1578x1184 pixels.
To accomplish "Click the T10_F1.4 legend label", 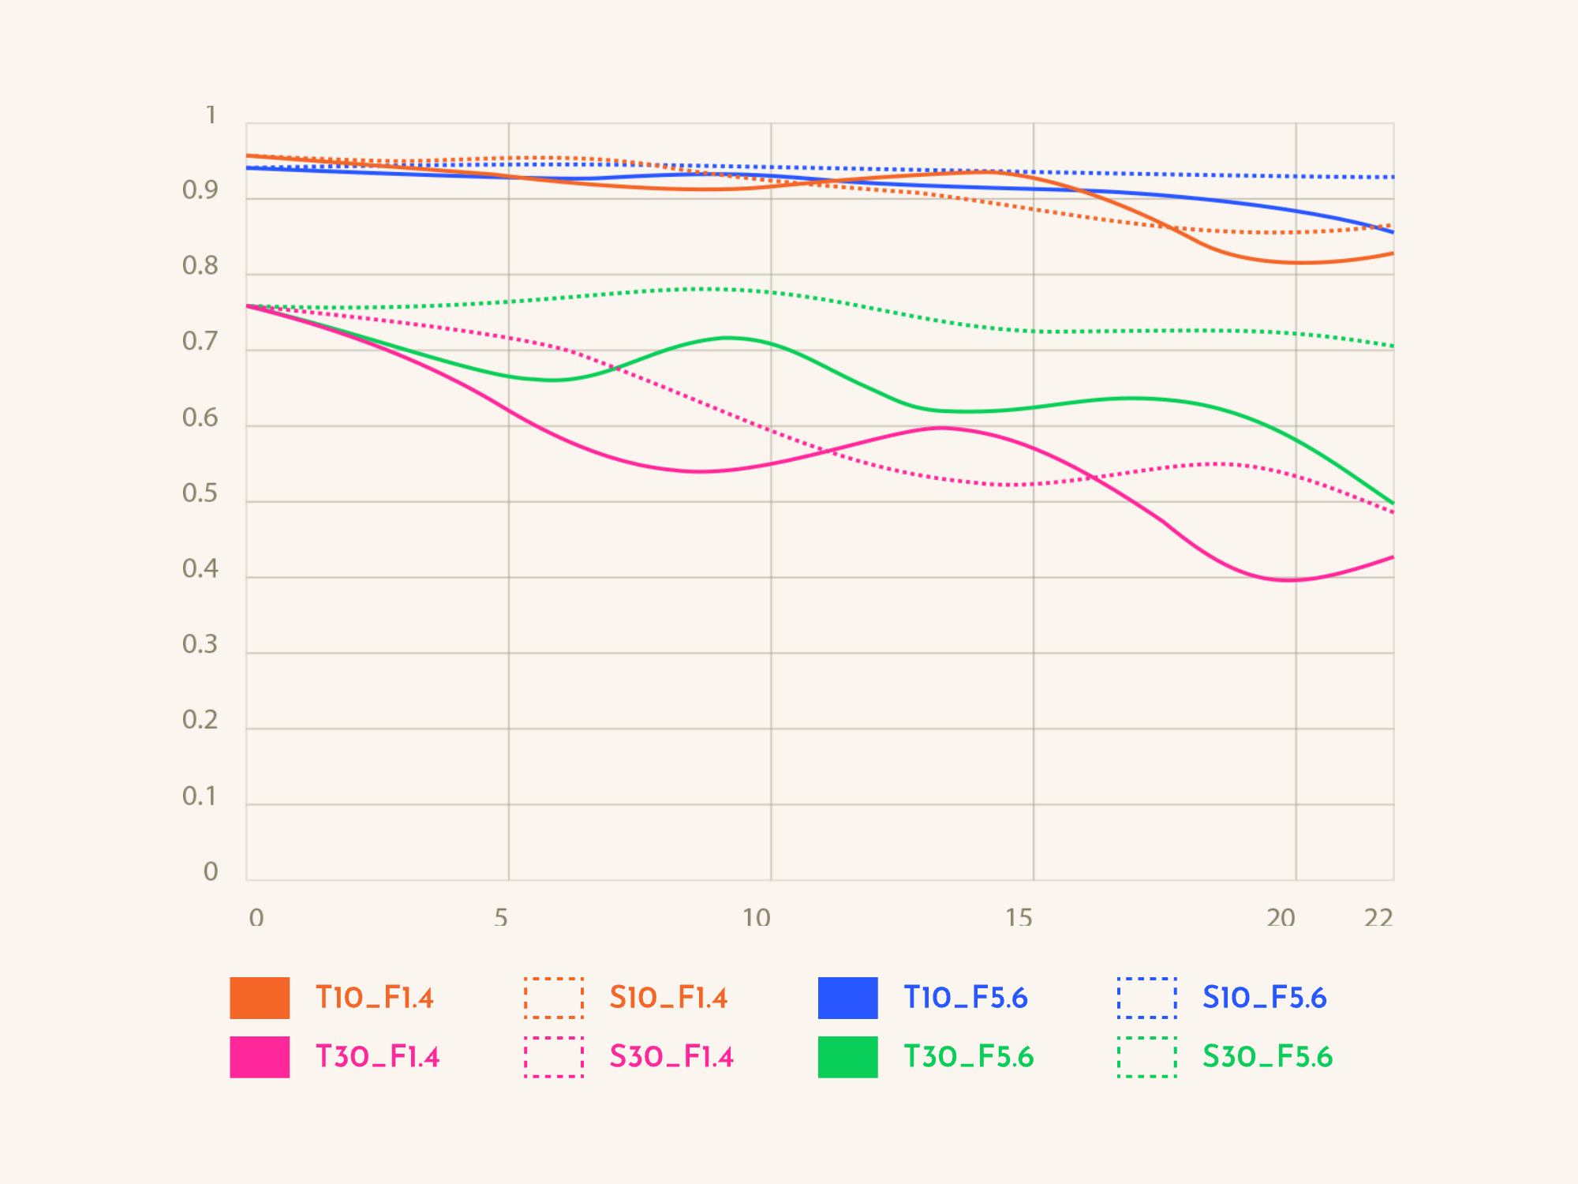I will point(374,998).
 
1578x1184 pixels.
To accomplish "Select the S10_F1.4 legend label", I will point(668,998).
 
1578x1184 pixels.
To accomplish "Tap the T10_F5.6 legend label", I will point(966,998).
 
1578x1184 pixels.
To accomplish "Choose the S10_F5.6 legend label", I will point(1264,998).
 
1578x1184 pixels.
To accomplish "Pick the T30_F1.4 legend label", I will point(377,1057).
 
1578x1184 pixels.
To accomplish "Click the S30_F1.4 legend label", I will point(671,1057).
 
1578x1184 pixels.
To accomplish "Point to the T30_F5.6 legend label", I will point(969,1057).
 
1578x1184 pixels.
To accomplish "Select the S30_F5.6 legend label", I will point(1267,1057).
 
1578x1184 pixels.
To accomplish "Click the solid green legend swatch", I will point(847,1057).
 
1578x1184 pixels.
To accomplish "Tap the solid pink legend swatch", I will point(260,1057).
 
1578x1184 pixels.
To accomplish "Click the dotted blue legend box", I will point(1146,998).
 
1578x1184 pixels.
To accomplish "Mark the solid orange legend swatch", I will point(260,998).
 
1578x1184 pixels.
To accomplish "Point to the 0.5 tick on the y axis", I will point(200,493).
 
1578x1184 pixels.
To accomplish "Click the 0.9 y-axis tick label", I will point(200,190).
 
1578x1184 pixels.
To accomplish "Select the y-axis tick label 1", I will point(211,115).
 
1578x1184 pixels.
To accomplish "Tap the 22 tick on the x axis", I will point(1378,917).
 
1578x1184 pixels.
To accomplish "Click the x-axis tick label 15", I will point(1019,917).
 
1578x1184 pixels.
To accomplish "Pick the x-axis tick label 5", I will point(501,917).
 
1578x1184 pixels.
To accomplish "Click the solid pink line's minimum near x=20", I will point(1289,580).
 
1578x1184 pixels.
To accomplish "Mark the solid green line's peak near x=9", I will point(727,338).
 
